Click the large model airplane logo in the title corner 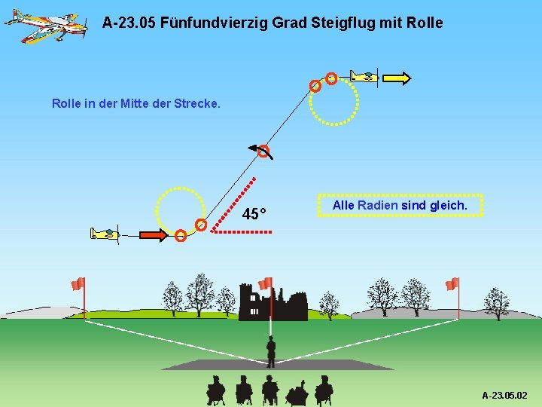tap(45, 24)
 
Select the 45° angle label tap(255, 215)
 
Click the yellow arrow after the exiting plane tap(397, 77)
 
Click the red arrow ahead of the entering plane tap(154, 235)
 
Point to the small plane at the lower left tap(105, 234)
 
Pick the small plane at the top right tap(364, 76)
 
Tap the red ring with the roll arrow tap(263, 152)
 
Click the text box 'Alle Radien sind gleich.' tap(400, 205)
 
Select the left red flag tap(78, 284)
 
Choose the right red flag tap(452, 284)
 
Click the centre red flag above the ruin tap(265, 284)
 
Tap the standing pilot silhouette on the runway tap(270, 351)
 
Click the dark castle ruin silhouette tap(273, 303)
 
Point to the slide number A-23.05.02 tap(504, 395)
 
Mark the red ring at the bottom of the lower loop tap(181, 236)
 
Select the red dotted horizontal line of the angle tap(242, 232)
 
